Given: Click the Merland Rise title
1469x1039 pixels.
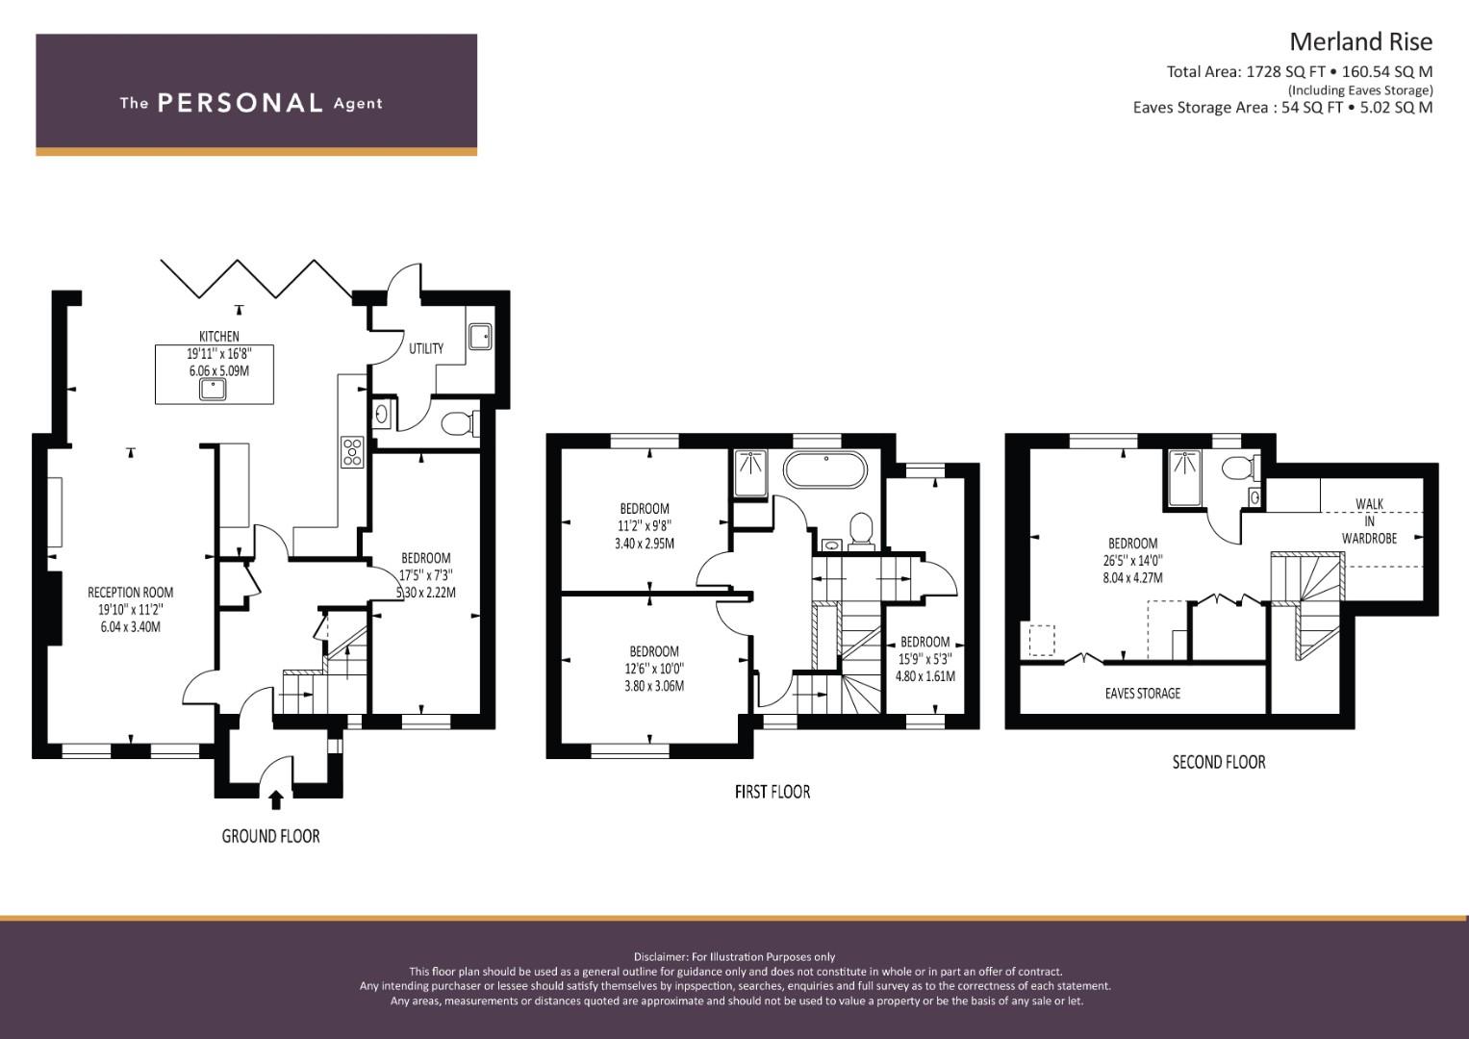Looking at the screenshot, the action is pos(1361,42).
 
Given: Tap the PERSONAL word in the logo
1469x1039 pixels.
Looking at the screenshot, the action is pos(241,103).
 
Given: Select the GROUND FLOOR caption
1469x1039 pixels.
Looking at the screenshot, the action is pos(271,836).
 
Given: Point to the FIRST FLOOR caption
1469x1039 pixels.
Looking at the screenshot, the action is pos(772,792).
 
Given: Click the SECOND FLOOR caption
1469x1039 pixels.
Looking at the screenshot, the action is pos(1219,762).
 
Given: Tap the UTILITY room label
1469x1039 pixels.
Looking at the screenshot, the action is pos(426,348).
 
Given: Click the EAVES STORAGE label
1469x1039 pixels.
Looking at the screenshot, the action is pos(1143,694).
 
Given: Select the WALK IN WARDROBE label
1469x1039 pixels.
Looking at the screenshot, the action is pos(1369,521).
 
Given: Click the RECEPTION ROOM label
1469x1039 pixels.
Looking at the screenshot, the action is pos(131,593).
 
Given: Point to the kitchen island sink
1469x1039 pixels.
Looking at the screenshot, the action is pos(214,390).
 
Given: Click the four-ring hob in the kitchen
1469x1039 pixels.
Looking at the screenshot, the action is pos(352,452).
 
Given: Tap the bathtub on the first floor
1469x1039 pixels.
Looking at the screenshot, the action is pos(825,469).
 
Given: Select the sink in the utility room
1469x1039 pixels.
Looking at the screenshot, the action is pos(481,337).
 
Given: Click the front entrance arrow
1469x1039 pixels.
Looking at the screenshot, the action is pos(276,799).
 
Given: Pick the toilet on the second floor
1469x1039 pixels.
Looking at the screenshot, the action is pos(1241,469).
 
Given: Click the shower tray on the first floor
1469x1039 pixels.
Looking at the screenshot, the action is pos(750,473).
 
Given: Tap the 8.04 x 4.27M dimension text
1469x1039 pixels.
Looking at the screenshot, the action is pos(1132,578).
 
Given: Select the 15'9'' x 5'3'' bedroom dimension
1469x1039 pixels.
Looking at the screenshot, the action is pos(924,659).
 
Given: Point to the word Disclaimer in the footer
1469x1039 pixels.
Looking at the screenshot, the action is pos(660,957).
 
